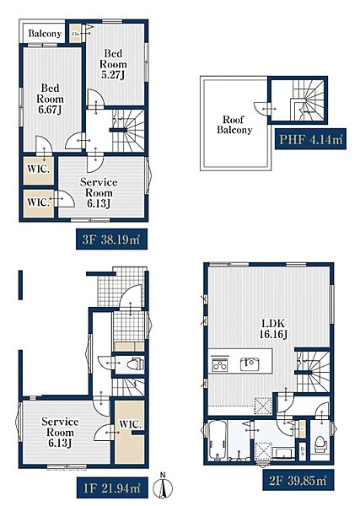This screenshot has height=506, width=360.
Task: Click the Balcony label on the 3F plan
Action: (x=45, y=33)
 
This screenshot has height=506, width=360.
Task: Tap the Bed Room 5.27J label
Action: (x=113, y=64)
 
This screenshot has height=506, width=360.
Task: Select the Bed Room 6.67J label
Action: (x=50, y=99)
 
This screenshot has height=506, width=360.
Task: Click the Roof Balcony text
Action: (x=234, y=125)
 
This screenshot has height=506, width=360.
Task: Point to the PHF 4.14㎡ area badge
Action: (x=310, y=139)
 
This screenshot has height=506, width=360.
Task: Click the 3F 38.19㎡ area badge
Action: (x=111, y=240)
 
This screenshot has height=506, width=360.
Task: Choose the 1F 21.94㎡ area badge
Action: (x=112, y=487)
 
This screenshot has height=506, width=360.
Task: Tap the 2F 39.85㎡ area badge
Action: (x=298, y=480)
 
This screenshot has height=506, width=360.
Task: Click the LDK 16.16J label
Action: (x=273, y=329)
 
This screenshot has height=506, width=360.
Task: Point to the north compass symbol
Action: (x=163, y=487)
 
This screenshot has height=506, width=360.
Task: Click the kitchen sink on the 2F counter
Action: (x=250, y=363)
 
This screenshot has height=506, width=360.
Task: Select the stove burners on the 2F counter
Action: (x=220, y=364)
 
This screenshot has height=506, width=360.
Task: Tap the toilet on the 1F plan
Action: (x=136, y=364)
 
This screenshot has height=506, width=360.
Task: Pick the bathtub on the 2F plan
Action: (x=218, y=440)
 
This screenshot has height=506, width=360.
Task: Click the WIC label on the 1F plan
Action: (x=131, y=424)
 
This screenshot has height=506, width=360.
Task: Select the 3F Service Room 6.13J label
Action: (x=99, y=192)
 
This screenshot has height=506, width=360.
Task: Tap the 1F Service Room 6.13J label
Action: (x=60, y=432)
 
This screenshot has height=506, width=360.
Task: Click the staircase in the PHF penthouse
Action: (x=307, y=100)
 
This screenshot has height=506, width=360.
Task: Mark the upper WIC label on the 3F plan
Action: (x=39, y=169)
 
